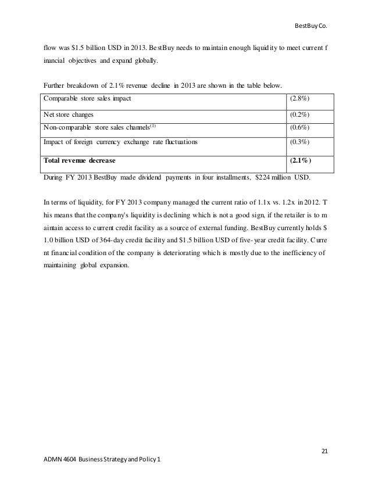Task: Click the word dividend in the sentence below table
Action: point(144,177)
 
